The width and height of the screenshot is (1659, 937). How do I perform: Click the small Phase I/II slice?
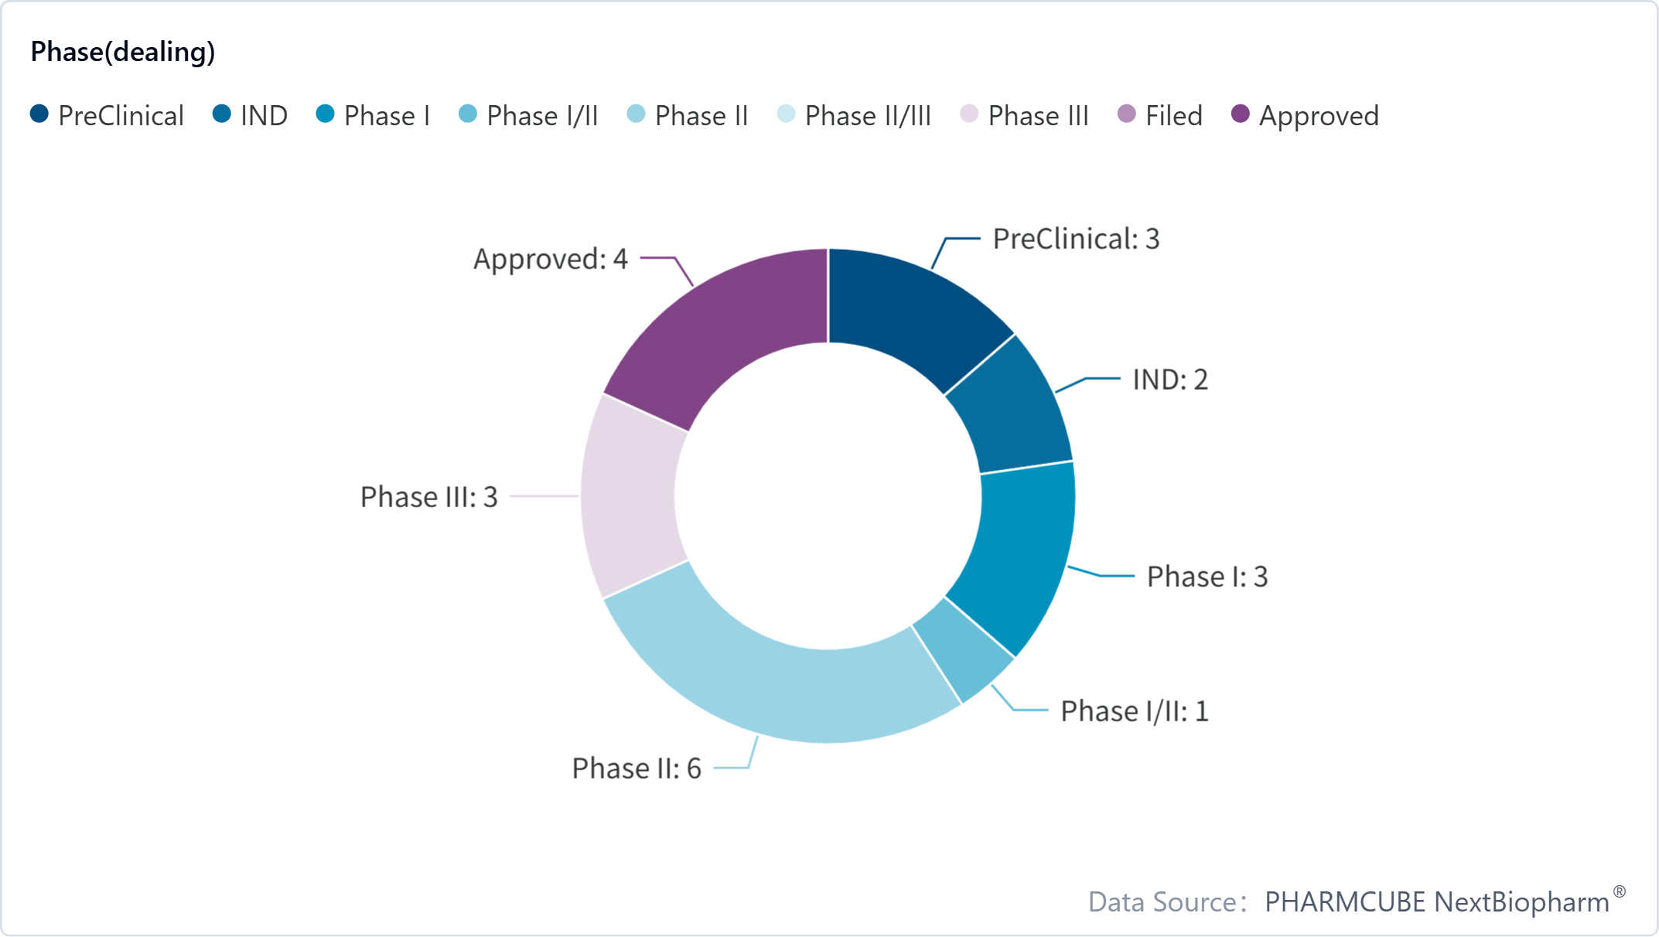(964, 649)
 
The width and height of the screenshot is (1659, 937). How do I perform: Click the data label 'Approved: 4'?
(551, 259)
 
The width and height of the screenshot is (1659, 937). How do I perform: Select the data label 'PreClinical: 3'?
(1076, 239)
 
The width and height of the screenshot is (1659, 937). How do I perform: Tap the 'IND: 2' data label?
(1170, 380)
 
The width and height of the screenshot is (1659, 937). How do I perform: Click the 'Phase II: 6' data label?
(637, 768)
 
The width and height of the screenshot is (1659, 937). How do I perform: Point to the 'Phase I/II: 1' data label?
(1134, 711)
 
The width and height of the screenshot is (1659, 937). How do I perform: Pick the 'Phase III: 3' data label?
(429, 497)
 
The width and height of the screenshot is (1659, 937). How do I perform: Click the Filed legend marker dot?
(1127, 114)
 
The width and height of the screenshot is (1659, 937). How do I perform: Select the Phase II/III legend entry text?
(868, 116)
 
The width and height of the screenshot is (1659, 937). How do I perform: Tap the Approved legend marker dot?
(1241, 114)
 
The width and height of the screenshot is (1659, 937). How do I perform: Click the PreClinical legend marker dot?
(39, 114)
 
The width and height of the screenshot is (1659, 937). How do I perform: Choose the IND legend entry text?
(264, 116)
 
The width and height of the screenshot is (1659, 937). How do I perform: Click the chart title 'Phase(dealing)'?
(123, 52)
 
